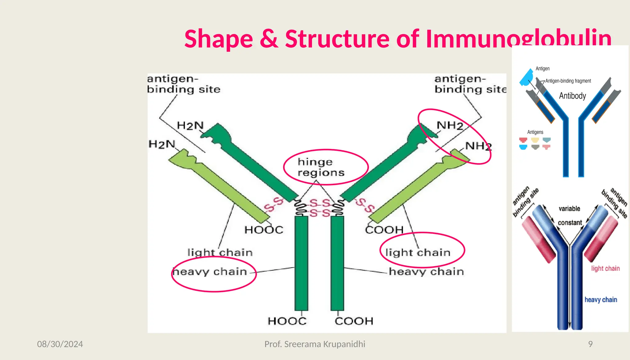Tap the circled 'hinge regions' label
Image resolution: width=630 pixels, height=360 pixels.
coord(321,167)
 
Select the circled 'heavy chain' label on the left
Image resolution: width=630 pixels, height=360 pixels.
coord(210,272)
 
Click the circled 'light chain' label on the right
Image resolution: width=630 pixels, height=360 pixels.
coord(418,253)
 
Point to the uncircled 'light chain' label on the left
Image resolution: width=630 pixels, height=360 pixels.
coord(220,253)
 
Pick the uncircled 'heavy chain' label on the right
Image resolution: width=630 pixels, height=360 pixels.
coord(426,272)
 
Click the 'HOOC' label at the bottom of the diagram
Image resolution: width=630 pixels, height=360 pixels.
coord(287,321)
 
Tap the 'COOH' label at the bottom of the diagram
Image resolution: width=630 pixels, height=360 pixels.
coord(354,321)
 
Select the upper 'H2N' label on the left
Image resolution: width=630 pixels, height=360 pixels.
coord(190,126)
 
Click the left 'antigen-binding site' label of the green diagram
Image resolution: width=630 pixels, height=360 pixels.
coord(184,84)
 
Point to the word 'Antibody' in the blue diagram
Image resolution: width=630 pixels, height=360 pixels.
coord(572,96)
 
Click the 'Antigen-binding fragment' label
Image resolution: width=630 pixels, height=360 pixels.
coord(568,81)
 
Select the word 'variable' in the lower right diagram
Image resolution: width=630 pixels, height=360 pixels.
coord(569,209)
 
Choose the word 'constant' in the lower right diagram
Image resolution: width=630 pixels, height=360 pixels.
coord(570,222)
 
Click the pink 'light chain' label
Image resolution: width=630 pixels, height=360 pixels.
coord(605,268)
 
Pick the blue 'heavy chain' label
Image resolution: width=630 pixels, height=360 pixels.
coord(601,300)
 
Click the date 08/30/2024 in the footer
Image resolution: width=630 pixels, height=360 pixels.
coord(60,344)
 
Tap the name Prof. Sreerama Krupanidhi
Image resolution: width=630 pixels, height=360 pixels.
coord(315,344)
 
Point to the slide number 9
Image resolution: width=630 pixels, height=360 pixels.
coord(590,344)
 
